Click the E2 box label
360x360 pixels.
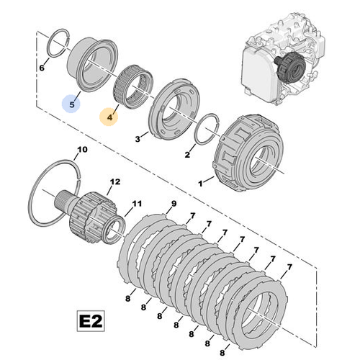coord(91,321)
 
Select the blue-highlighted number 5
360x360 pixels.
coord(72,104)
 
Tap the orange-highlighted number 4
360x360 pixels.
coord(109,117)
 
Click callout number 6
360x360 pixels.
coord(42,68)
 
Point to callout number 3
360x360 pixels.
coord(138,139)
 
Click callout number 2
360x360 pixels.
coord(187,155)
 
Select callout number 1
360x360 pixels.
coord(200,184)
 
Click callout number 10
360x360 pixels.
coord(82,150)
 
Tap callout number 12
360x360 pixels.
coord(115,181)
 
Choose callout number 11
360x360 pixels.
coord(137,204)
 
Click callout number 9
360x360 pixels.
coord(174,204)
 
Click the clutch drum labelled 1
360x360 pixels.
coord(248,153)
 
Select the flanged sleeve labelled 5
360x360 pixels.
coord(92,65)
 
